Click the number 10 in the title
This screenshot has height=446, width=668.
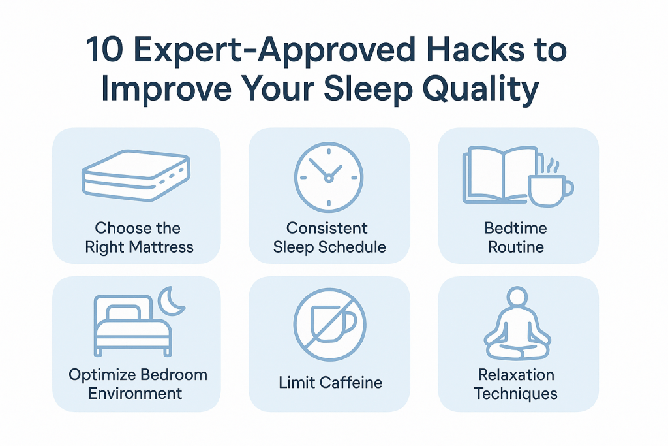[105, 50]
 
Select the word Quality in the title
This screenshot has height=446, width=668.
[481, 89]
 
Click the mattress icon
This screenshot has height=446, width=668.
[136, 175]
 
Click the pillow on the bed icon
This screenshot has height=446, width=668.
[123, 313]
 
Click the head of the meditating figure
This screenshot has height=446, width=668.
[517, 296]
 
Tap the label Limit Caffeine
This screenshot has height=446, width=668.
[330, 383]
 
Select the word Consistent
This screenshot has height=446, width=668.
[327, 228]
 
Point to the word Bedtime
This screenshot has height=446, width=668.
[515, 228]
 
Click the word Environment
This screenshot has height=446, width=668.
[135, 393]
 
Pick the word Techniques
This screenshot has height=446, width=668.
[516, 394]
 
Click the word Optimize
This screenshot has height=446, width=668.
[102, 375]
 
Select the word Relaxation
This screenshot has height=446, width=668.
[516, 375]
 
